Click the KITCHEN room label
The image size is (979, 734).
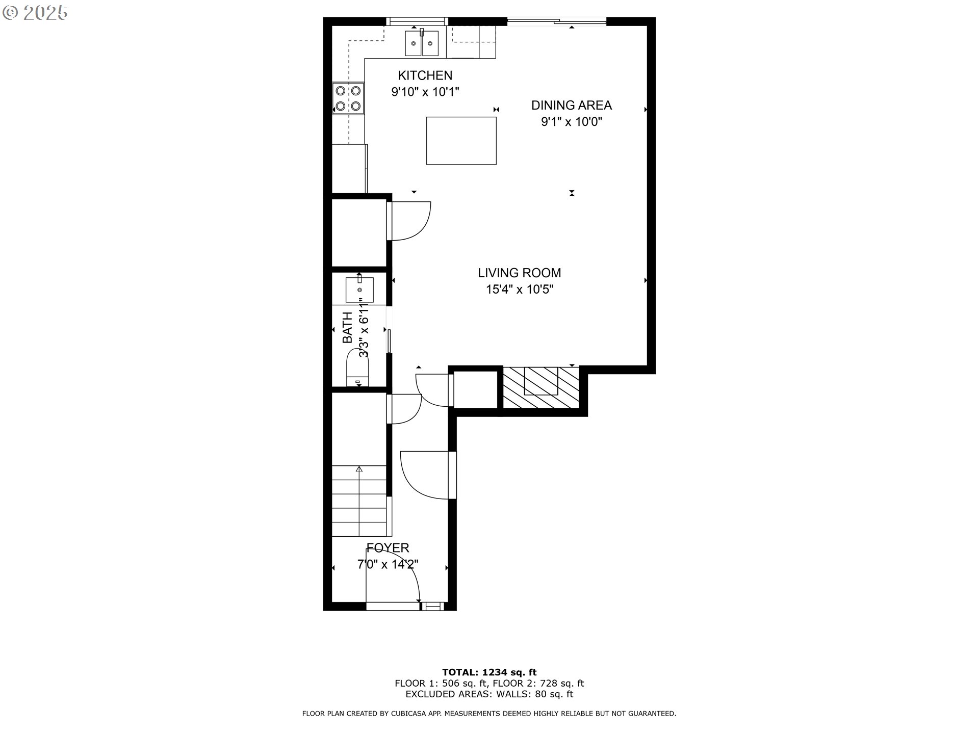coord(425,75)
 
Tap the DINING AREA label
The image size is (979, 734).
coord(572,105)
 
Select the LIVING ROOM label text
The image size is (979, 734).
coord(520,273)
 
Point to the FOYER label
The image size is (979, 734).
coord(388,548)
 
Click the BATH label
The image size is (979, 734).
coord(347,327)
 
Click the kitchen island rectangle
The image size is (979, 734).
coord(461,141)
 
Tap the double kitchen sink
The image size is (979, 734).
coord(422,43)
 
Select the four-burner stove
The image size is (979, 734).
coord(348,98)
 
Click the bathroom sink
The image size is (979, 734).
coord(359,289)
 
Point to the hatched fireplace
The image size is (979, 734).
coord(541,387)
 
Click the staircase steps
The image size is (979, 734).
coord(359,501)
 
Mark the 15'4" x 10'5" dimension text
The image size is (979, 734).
coord(520,290)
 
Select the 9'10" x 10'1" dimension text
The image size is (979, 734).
coord(425,92)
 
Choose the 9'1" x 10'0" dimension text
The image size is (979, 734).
coord(572,122)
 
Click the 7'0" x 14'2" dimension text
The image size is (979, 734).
coord(388,565)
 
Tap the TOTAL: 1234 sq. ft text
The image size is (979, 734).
coord(489,672)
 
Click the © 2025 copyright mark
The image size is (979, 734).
coord(35,13)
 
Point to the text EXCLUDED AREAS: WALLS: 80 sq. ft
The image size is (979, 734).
coord(489,694)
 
